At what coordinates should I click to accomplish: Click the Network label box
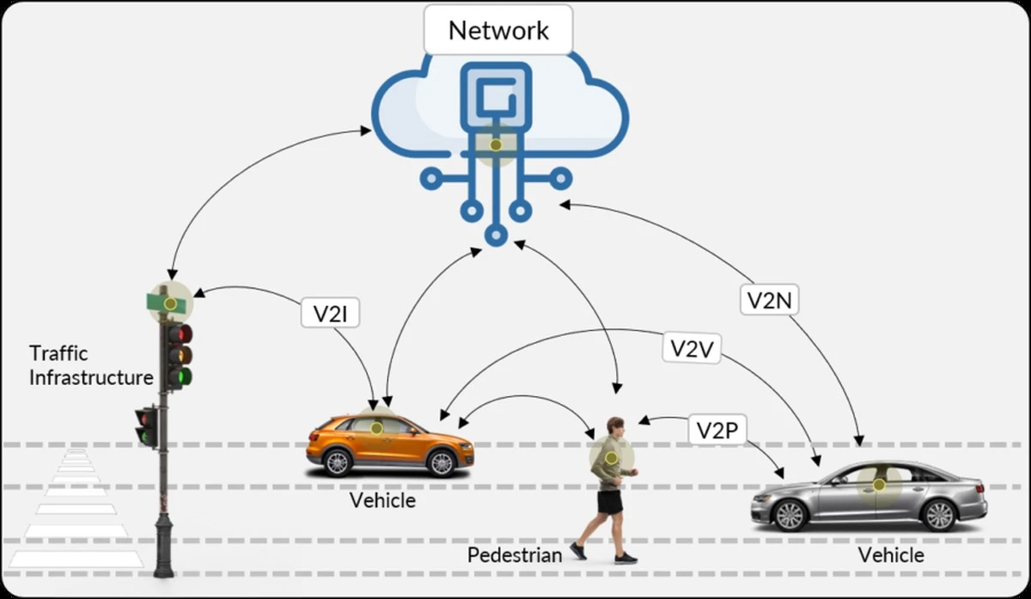498,31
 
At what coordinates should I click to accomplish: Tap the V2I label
330,313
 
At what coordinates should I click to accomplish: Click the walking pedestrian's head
615,426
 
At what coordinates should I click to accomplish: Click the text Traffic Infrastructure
91,365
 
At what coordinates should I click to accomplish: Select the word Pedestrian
515,555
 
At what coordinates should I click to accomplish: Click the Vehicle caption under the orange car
382,499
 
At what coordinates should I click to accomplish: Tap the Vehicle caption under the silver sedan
891,555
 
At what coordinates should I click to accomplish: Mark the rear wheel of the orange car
337,463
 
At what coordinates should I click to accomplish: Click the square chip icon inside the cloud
496,94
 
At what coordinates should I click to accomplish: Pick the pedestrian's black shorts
610,501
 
